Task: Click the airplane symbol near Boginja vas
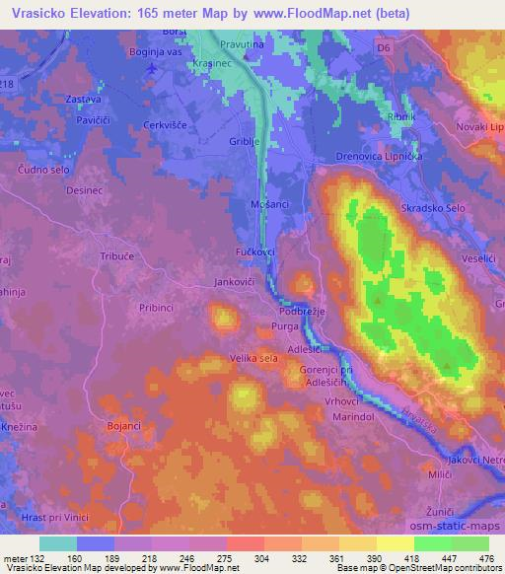(150, 69)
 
